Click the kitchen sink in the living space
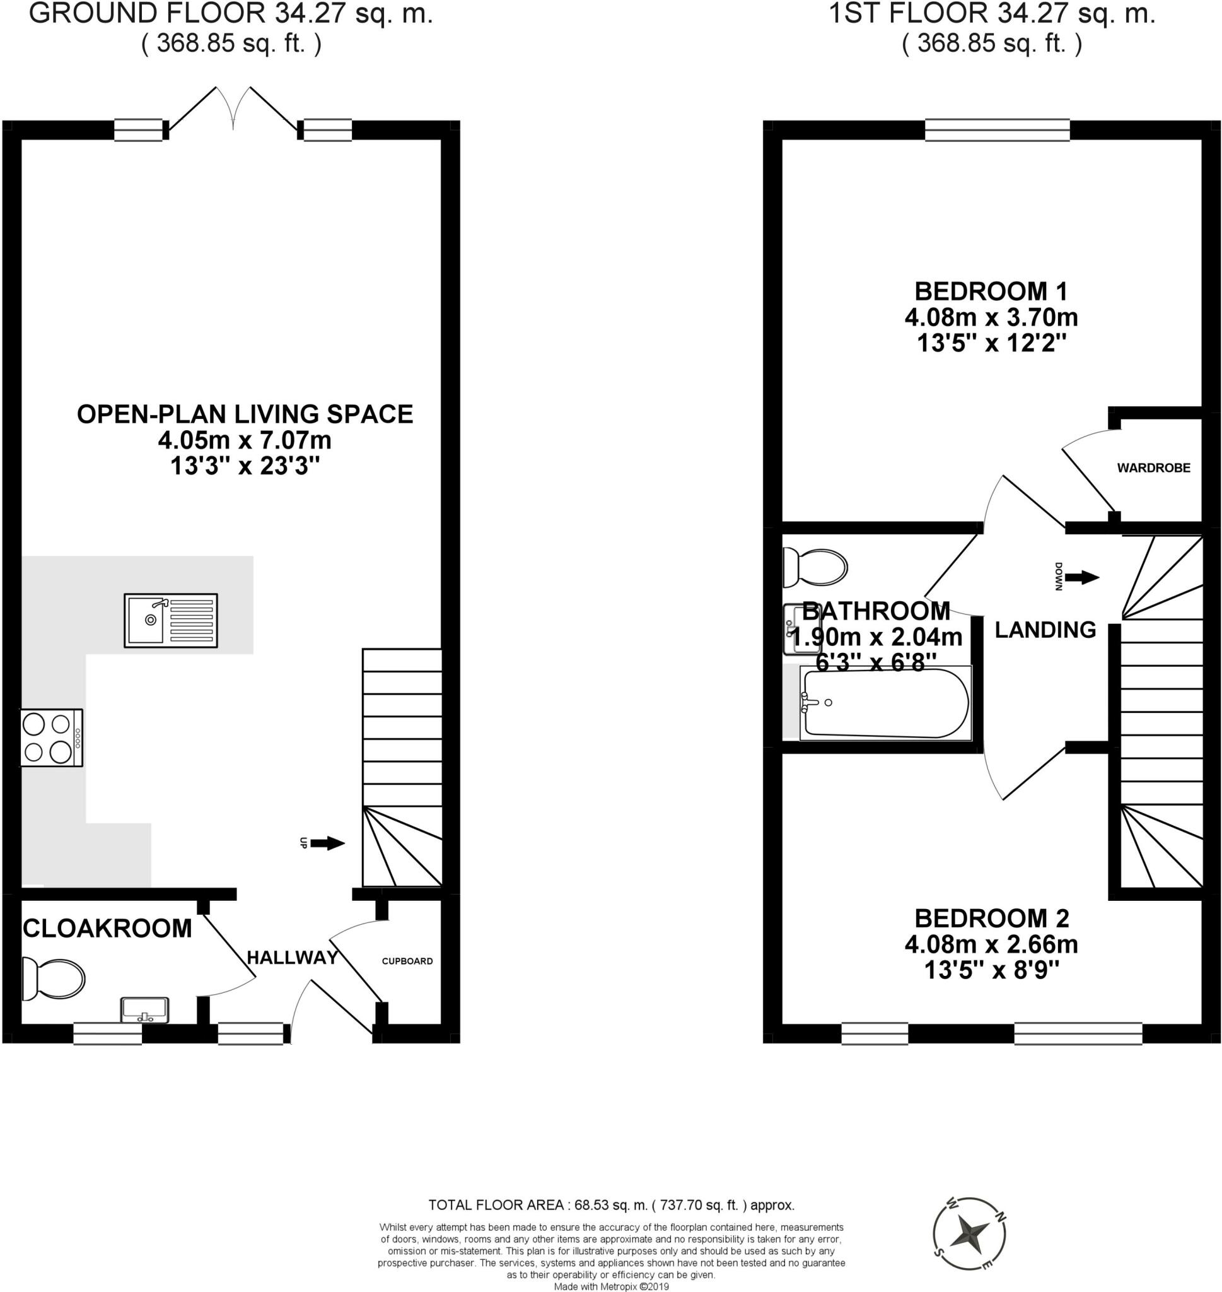(171, 620)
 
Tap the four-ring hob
(52, 737)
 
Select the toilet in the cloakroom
(54, 978)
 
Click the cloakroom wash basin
(144, 1010)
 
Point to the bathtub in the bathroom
(885, 703)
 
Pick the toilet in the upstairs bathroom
(815, 565)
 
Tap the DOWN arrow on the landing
(1082, 577)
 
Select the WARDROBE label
(1153, 468)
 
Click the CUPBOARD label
(407, 961)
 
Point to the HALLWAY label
(293, 957)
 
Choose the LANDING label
(1045, 630)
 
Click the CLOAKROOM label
(107, 928)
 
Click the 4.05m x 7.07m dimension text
(244, 440)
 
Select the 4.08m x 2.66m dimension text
(991, 943)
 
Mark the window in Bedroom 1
(997, 130)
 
